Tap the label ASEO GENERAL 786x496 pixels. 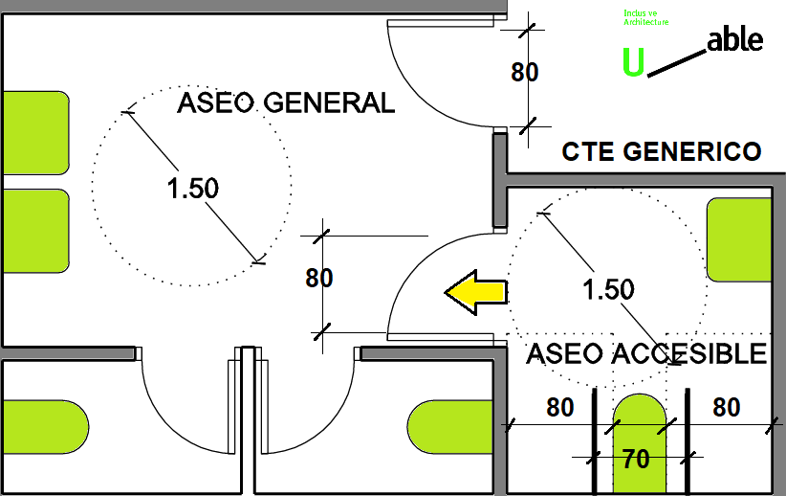(286, 103)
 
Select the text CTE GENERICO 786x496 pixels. (662, 151)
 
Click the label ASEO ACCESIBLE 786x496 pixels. (646, 353)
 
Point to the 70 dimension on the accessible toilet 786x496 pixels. (636, 460)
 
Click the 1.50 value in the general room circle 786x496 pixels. (193, 189)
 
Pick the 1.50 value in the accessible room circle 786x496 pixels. (608, 288)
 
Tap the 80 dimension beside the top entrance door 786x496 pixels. (525, 73)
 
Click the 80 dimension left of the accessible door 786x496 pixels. (318, 278)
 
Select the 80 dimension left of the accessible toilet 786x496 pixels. (559, 408)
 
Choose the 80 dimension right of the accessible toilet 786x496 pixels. (727, 408)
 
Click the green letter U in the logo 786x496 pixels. (633, 61)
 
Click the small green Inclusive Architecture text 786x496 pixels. (645, 17)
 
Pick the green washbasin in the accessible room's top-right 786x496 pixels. (738, 239)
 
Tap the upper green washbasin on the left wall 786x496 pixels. (34, 134)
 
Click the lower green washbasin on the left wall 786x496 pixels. (34, 230)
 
